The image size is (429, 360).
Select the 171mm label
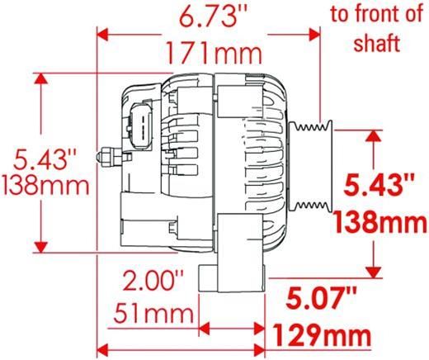coord(214,54)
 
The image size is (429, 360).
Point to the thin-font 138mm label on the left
coord(45,185)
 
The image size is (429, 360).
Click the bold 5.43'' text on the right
coord(379,185)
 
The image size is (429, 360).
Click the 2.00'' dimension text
coord(153,280)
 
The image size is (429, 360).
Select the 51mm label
coord(153,313)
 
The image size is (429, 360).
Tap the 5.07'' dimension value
coord(321,297)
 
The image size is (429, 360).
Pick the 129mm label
coord(323,335)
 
